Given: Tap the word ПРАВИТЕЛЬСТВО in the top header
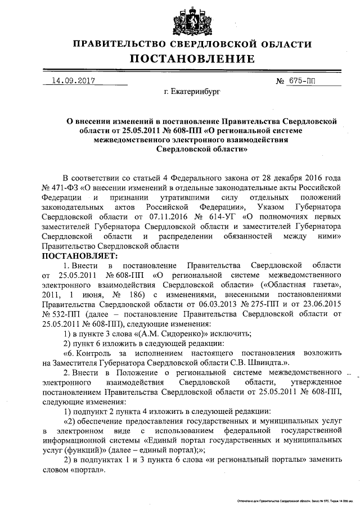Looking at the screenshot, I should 115,44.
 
